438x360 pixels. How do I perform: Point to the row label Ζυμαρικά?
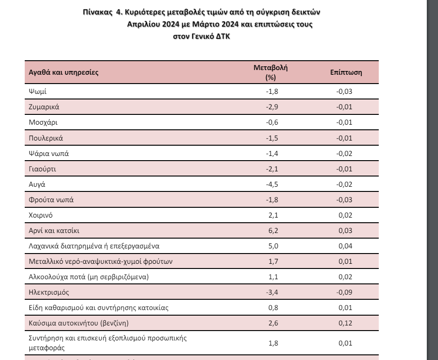[x=44, y=107]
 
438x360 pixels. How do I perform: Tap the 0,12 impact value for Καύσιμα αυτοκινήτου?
[x=344, y=323]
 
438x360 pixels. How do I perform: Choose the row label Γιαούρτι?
[x=42, y=169]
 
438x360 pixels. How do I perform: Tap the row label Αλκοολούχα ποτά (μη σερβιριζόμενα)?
[x=88, y=276]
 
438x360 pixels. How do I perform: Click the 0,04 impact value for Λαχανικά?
[x=344, y=246]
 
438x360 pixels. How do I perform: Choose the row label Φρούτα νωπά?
[x=51, y=199]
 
